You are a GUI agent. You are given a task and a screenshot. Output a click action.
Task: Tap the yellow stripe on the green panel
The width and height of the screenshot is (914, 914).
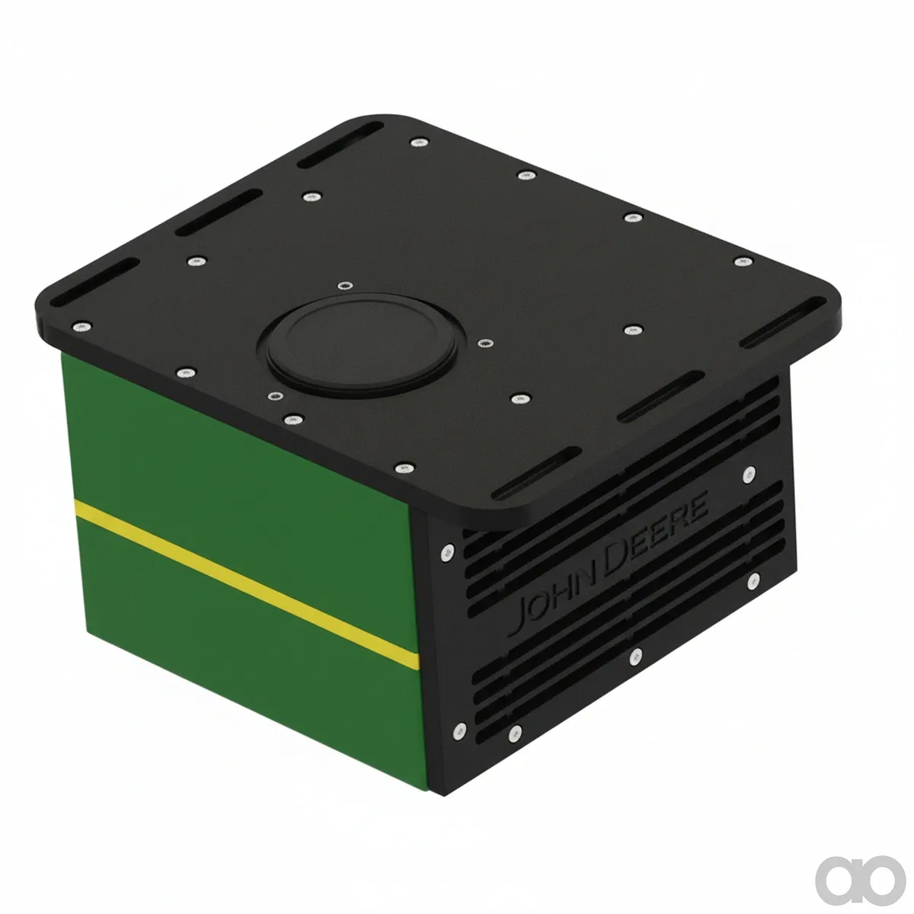tap(247, 584)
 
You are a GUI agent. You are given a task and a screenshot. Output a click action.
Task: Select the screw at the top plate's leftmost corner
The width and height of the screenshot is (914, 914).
tap(81, 326)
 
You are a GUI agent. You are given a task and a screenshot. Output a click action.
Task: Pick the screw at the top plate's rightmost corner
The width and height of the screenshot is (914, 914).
tap(743, 262)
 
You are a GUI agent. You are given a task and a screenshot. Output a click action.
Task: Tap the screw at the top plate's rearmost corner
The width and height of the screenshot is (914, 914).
tap(419, 142)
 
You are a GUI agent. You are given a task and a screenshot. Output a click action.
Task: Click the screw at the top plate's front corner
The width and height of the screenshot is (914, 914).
tap(404, 468)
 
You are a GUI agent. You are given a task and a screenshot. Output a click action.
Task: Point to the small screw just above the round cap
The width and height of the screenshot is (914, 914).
tap(345, 286)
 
